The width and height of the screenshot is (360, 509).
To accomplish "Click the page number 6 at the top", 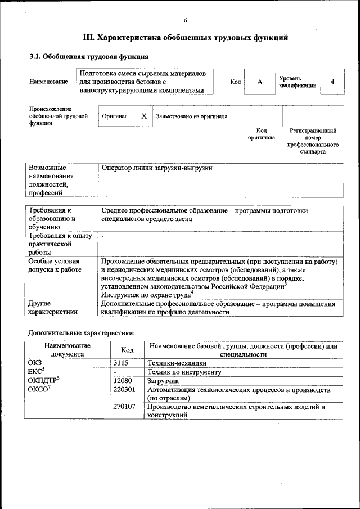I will click(x=185, y=20).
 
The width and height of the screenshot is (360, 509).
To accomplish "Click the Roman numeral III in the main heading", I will click(x=89, y=38).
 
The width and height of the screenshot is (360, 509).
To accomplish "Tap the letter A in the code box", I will click(x=259, y=82).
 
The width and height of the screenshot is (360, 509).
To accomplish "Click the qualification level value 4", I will click(x=332, y=82).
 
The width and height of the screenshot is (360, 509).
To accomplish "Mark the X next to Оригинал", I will click(x=144, y=116).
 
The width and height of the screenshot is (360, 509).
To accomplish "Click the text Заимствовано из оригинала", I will click(x=192, y=117).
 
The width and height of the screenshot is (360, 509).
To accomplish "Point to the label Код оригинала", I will click(x=262, y=134).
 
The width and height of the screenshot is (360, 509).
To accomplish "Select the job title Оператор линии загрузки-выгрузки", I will click(x=157, y=168).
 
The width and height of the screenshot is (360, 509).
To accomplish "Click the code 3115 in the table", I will click(x=121, y=363).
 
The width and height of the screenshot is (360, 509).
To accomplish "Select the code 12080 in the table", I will click(x=123, y=381).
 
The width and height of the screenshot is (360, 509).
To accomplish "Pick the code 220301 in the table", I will click(x=124, y=389).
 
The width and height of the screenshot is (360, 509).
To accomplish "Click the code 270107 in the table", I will click(x=124, y=406).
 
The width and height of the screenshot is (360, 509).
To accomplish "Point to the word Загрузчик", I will click(x=163, y=381).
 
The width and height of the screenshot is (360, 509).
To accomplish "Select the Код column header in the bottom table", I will click(x=127, y=350).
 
